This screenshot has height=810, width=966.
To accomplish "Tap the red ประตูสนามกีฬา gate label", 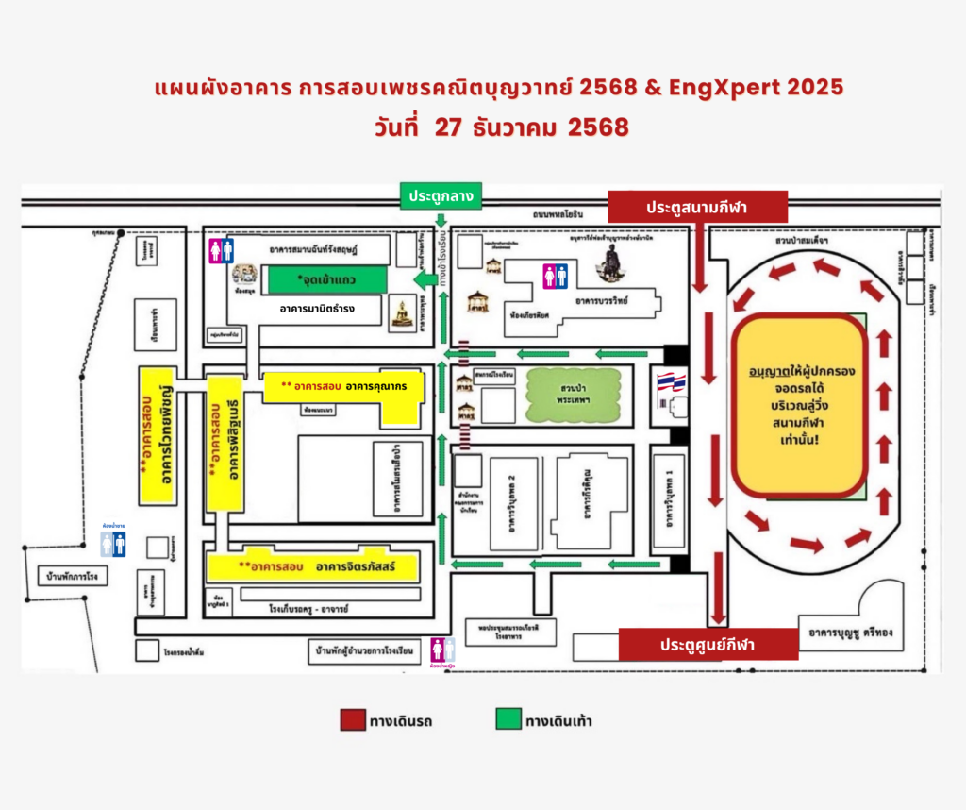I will point(697,207).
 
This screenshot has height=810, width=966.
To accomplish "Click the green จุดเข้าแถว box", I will point(326,280).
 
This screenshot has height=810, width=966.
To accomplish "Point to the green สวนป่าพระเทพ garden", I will point(574,396).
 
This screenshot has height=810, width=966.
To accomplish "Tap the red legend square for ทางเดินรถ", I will point(353,720).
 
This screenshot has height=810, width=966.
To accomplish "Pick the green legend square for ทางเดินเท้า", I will point(508,720).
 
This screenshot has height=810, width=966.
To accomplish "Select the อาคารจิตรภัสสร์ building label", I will point(355,566).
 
